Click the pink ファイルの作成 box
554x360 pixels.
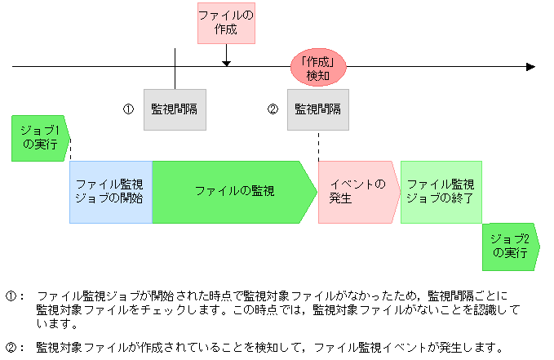point(226,23)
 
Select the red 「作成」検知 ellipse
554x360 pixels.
point(318,68)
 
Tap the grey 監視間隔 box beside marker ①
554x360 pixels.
point(175,109)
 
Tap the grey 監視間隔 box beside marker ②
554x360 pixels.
point(317,109)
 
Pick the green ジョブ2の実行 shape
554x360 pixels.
point(510,246)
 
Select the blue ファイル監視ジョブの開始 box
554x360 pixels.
point(110,192)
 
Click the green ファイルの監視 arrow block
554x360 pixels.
point(233,192)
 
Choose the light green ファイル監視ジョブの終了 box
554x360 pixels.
point(441,192)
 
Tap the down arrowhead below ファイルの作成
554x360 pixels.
point(226,61)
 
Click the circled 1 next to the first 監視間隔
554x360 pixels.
point(128,109)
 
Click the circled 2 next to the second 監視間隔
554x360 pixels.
point(273,109)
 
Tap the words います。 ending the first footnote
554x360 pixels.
point(55,324)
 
